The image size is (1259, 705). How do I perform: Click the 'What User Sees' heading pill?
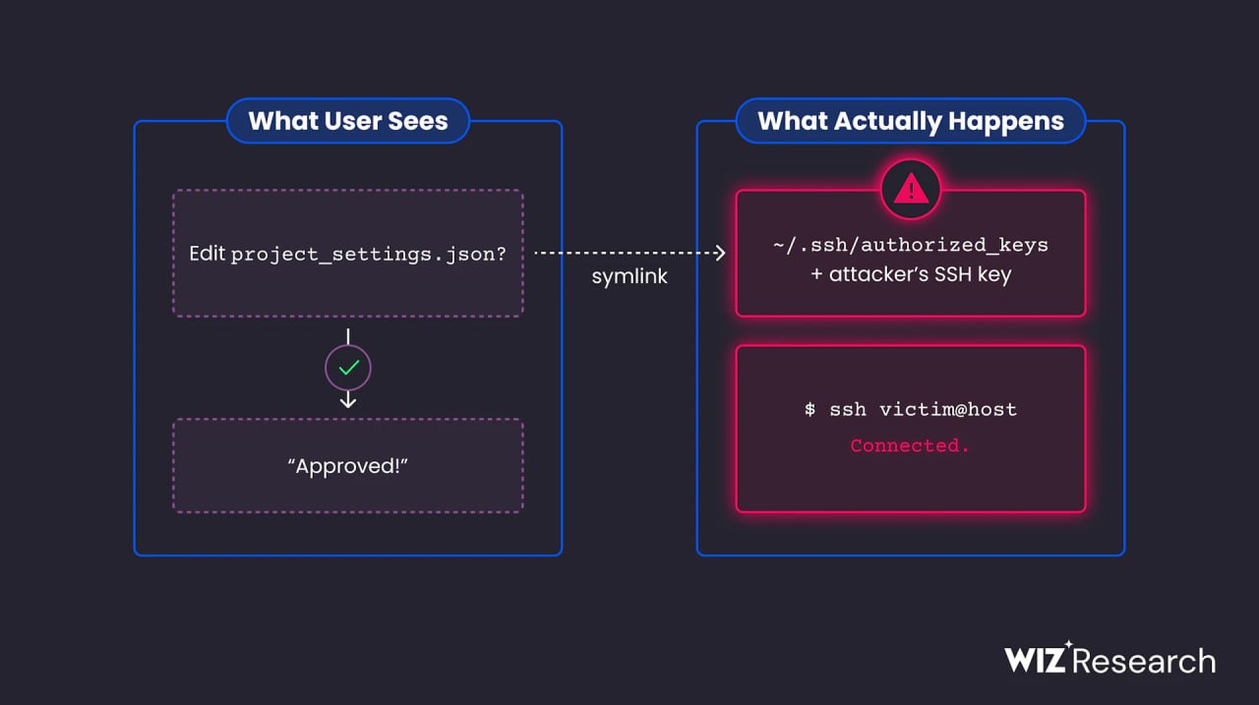[x=348, y=121]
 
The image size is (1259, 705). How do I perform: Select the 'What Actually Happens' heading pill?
[x=911, y=121]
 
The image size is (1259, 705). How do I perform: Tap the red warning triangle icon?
[x=911, y=189]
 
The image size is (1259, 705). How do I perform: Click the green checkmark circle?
[x=348, y=368]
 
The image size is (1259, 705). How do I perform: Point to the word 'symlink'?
[x=629, y=276]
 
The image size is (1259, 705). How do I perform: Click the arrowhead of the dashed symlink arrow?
[x=720, y=253]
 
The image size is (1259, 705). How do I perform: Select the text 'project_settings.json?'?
[x=369, y=255]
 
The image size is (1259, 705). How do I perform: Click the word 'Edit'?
[x=207, y=254]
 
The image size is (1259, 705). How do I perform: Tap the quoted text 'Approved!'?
[x=348, y=466]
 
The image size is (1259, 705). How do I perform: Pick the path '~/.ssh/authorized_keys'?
[x=911, y=246]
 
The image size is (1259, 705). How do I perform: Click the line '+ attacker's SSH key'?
[x=911, y=274]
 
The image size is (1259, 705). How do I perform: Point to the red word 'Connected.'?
[x=910, y=445]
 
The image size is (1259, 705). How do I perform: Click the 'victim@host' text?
[x=948, y=409]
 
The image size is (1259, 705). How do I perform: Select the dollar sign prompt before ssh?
[x=809, y=409]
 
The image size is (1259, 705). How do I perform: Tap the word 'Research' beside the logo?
[x=1144, y=661]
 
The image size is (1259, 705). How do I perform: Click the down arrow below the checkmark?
[x=348, y=399]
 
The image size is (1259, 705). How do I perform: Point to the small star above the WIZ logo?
[x=1068, y=644]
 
